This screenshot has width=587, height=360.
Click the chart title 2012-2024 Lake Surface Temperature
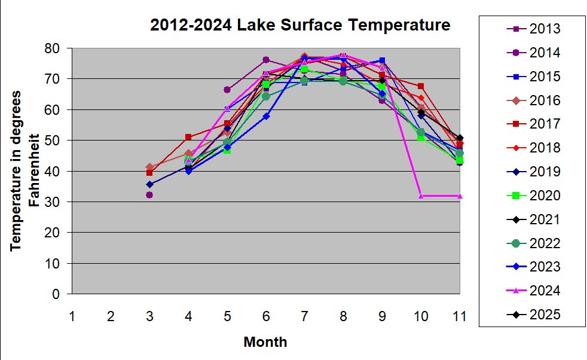click(299, 25)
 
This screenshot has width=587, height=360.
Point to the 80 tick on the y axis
click(56, 48)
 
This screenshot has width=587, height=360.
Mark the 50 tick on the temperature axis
click(56, 141)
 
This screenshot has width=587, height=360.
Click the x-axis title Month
click(265, 342)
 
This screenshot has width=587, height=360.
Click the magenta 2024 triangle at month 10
click(421, 196)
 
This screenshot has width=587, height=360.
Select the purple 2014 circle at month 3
click(149, 195)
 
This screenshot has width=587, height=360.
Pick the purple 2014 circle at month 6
click(266, 60)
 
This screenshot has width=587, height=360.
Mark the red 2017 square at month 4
click(188, 137)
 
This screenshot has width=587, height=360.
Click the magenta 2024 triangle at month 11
click(460, 196)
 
